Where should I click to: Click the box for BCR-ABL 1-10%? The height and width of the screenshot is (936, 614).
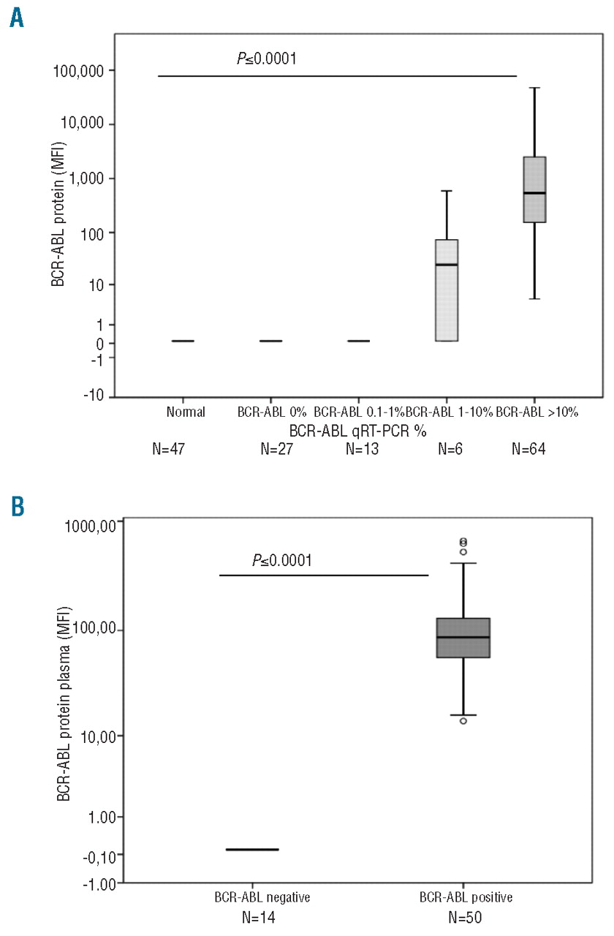tap(447, 290)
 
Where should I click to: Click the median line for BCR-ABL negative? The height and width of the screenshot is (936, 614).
tap(252, 849)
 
